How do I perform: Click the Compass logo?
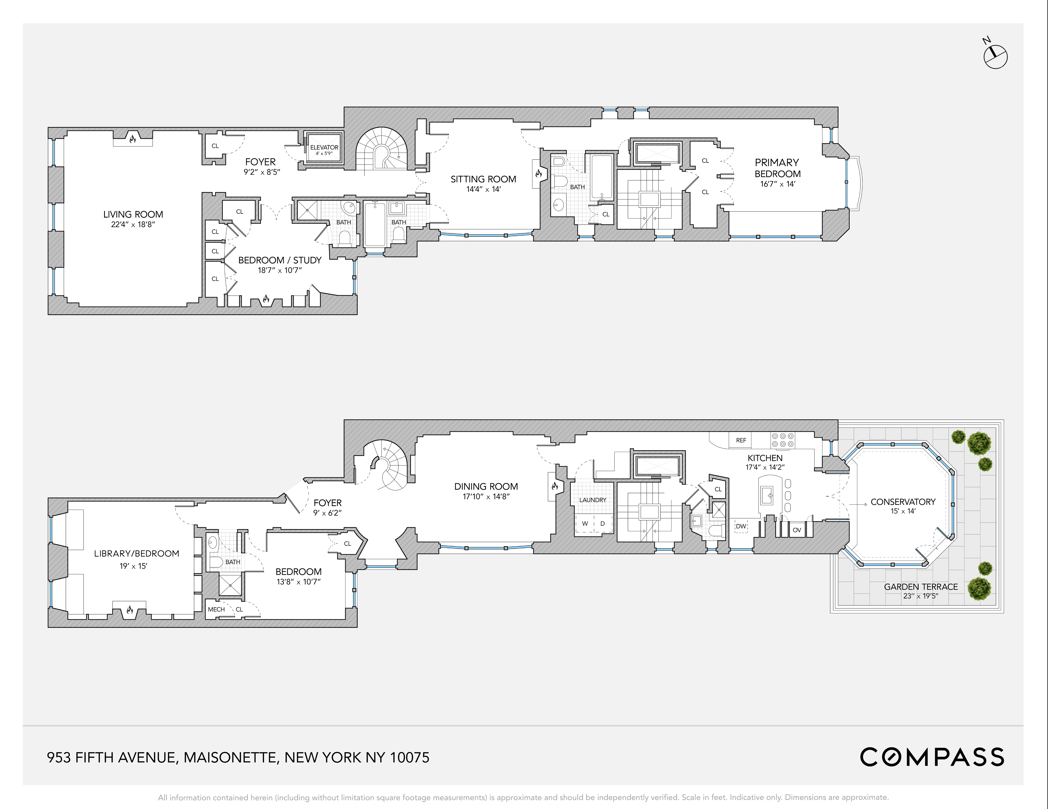coord(931,757)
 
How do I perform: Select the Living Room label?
coord(133,214)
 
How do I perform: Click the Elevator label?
coord(324,148)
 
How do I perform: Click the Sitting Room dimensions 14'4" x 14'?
coord(483,189)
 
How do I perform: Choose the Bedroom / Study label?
coord(280,260)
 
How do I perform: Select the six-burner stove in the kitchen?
coord(783,440)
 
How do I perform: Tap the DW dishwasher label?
coord(741,526)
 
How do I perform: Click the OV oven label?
coord(797,530)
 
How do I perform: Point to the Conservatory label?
coord(903,501)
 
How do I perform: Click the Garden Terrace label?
coord(920,586)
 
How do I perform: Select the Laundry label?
coord(593,500)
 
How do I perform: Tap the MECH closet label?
coord(216,609)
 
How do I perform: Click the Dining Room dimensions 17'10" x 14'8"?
coord(486,497)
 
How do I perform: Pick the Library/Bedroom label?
coord(136,553)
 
